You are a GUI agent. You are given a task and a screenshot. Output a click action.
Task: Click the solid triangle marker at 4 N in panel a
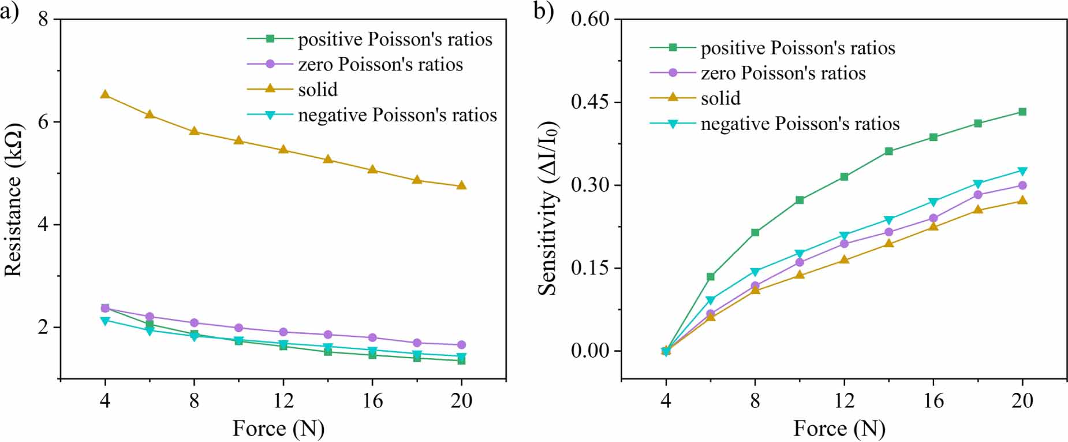tap(105, 94)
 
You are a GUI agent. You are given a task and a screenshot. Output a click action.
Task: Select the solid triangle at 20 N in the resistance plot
tap(461, 185)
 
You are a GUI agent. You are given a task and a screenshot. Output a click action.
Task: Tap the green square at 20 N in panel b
tap(1022, 112)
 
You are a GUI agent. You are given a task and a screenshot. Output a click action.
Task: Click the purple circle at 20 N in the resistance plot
tap(461, 345)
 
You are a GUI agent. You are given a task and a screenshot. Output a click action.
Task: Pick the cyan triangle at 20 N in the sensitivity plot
tap(1022, 171)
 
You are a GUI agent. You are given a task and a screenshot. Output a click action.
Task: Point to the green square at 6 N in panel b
tap(711, 277)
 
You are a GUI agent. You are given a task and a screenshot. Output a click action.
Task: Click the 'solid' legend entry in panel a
tap(318, 90)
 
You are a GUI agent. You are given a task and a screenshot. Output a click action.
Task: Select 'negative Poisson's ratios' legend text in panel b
tap(800, 124)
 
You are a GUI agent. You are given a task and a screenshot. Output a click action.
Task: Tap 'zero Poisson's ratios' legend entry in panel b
tap(783, 73)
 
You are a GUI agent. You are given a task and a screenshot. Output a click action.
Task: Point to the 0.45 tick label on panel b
tap(590, 102)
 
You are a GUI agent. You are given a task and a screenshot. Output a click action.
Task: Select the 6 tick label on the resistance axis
tap(43, 122)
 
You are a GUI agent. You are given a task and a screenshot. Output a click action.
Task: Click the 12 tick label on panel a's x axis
tap(283, 400)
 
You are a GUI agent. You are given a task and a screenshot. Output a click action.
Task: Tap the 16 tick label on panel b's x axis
tap(933, 400)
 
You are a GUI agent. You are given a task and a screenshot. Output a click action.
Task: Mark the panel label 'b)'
tap(543, 12)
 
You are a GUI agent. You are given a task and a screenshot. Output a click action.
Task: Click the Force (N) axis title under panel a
tap(278, 429)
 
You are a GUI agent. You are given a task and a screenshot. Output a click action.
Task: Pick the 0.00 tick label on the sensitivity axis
tap(590, 351)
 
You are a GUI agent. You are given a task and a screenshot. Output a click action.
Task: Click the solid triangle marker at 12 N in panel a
tap(283, 149)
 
